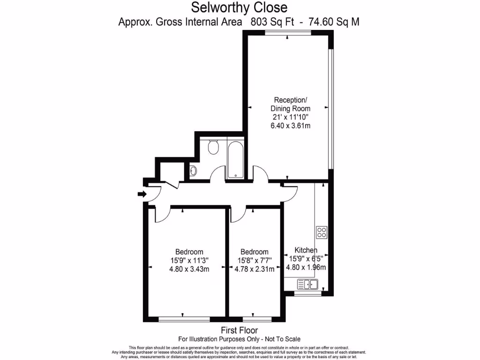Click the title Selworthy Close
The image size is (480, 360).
tap(240, 8)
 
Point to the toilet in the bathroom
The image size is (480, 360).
tap(214, 148)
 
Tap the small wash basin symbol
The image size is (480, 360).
tap(194, 171)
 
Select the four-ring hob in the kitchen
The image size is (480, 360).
tap(322, 232)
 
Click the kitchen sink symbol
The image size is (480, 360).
tap(307, 284)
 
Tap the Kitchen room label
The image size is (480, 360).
tap(306, 250)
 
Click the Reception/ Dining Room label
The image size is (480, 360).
tap(291, 104)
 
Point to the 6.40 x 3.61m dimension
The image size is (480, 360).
tap(291, 126)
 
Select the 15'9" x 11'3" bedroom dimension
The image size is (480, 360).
tap(189, 260)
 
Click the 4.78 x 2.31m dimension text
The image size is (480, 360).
tap(255, 269)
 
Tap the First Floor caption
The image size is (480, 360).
tap(240, 330)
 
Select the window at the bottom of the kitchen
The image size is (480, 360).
tap(308, 294)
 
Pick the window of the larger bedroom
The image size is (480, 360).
tap(184, 319)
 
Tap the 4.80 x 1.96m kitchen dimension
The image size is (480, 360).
tap(306, 268)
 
